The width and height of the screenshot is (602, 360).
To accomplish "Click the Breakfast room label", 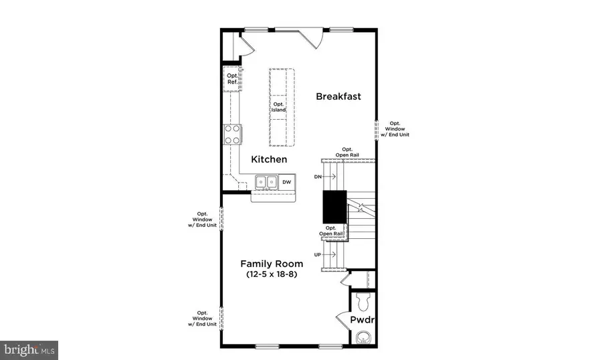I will (x=338, y=96).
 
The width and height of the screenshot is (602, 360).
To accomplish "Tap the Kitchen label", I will (x=269, y=159).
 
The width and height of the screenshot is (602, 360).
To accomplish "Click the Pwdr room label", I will (x=362, y=320).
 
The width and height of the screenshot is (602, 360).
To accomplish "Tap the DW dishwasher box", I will (x=286, y=182).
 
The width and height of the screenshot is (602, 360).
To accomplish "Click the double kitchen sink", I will (x=266, y=181).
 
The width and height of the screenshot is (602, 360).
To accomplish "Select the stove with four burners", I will (x=232, y=134).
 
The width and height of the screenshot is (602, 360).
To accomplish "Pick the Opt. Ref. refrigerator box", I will (x=231, y=79).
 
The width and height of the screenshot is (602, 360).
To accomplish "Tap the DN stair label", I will (x=318, y=177).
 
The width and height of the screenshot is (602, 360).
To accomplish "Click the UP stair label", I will (x=318, y=255).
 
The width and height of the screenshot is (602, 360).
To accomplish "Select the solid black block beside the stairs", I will (x=334, y=207).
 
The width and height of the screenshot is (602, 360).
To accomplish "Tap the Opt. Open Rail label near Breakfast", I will (x=347, y=152).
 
